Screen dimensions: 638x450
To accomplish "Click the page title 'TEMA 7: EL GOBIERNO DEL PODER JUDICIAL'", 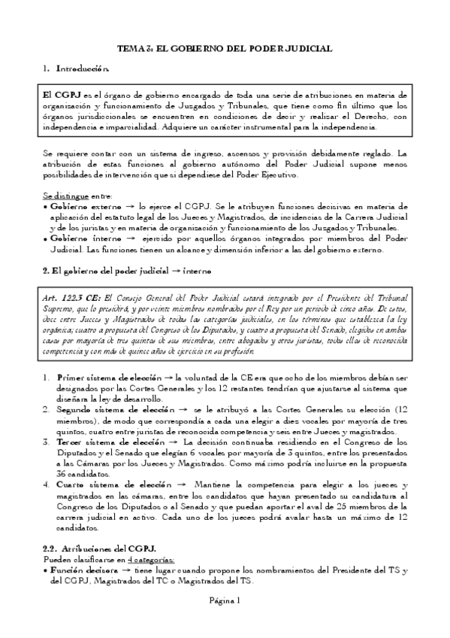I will tap(225, 48).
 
